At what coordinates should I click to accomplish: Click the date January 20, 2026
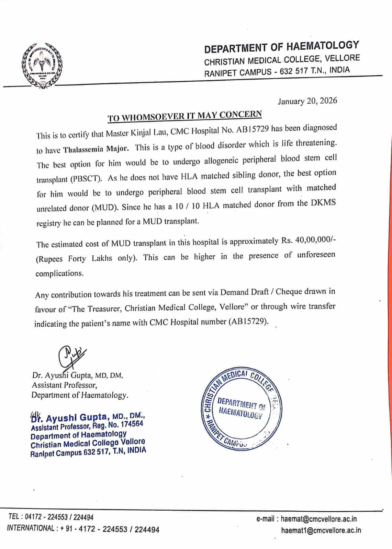307,101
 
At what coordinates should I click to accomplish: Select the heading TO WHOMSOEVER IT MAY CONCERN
185,116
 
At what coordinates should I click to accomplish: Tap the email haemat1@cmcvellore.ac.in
321,530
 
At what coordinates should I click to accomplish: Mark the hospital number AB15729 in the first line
252,130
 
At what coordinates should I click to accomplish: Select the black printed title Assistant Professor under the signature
64,385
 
